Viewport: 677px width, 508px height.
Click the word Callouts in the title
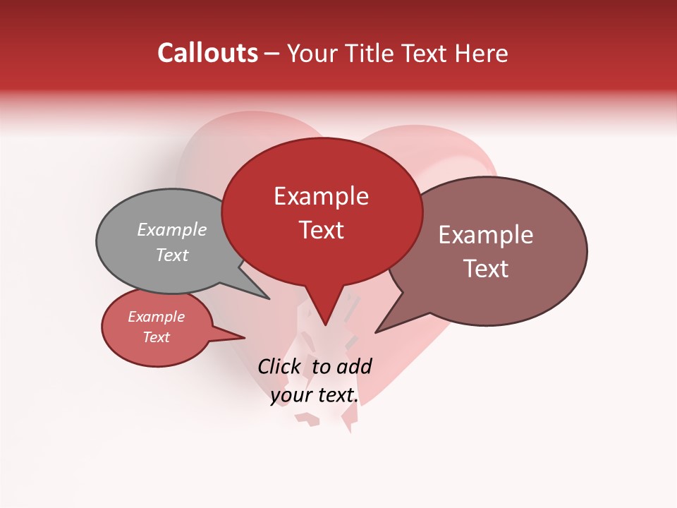(x=207, y=53)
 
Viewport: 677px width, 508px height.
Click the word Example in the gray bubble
(x=172, y=230)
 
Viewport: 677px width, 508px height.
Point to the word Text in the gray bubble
(x=172, y=255)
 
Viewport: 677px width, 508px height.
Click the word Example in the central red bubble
(x=321, y=196)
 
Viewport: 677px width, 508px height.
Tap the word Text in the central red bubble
(x=321, y=230)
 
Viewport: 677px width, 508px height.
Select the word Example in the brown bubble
(x=486, y=235)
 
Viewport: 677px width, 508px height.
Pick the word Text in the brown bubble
(x=486, y=269)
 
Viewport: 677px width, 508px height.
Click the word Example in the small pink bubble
(x=157, y=317)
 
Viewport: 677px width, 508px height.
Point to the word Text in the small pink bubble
(x=157, y=337)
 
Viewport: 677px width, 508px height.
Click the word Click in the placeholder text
(x=279, y=366)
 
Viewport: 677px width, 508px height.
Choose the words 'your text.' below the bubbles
(x=315, y=396)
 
